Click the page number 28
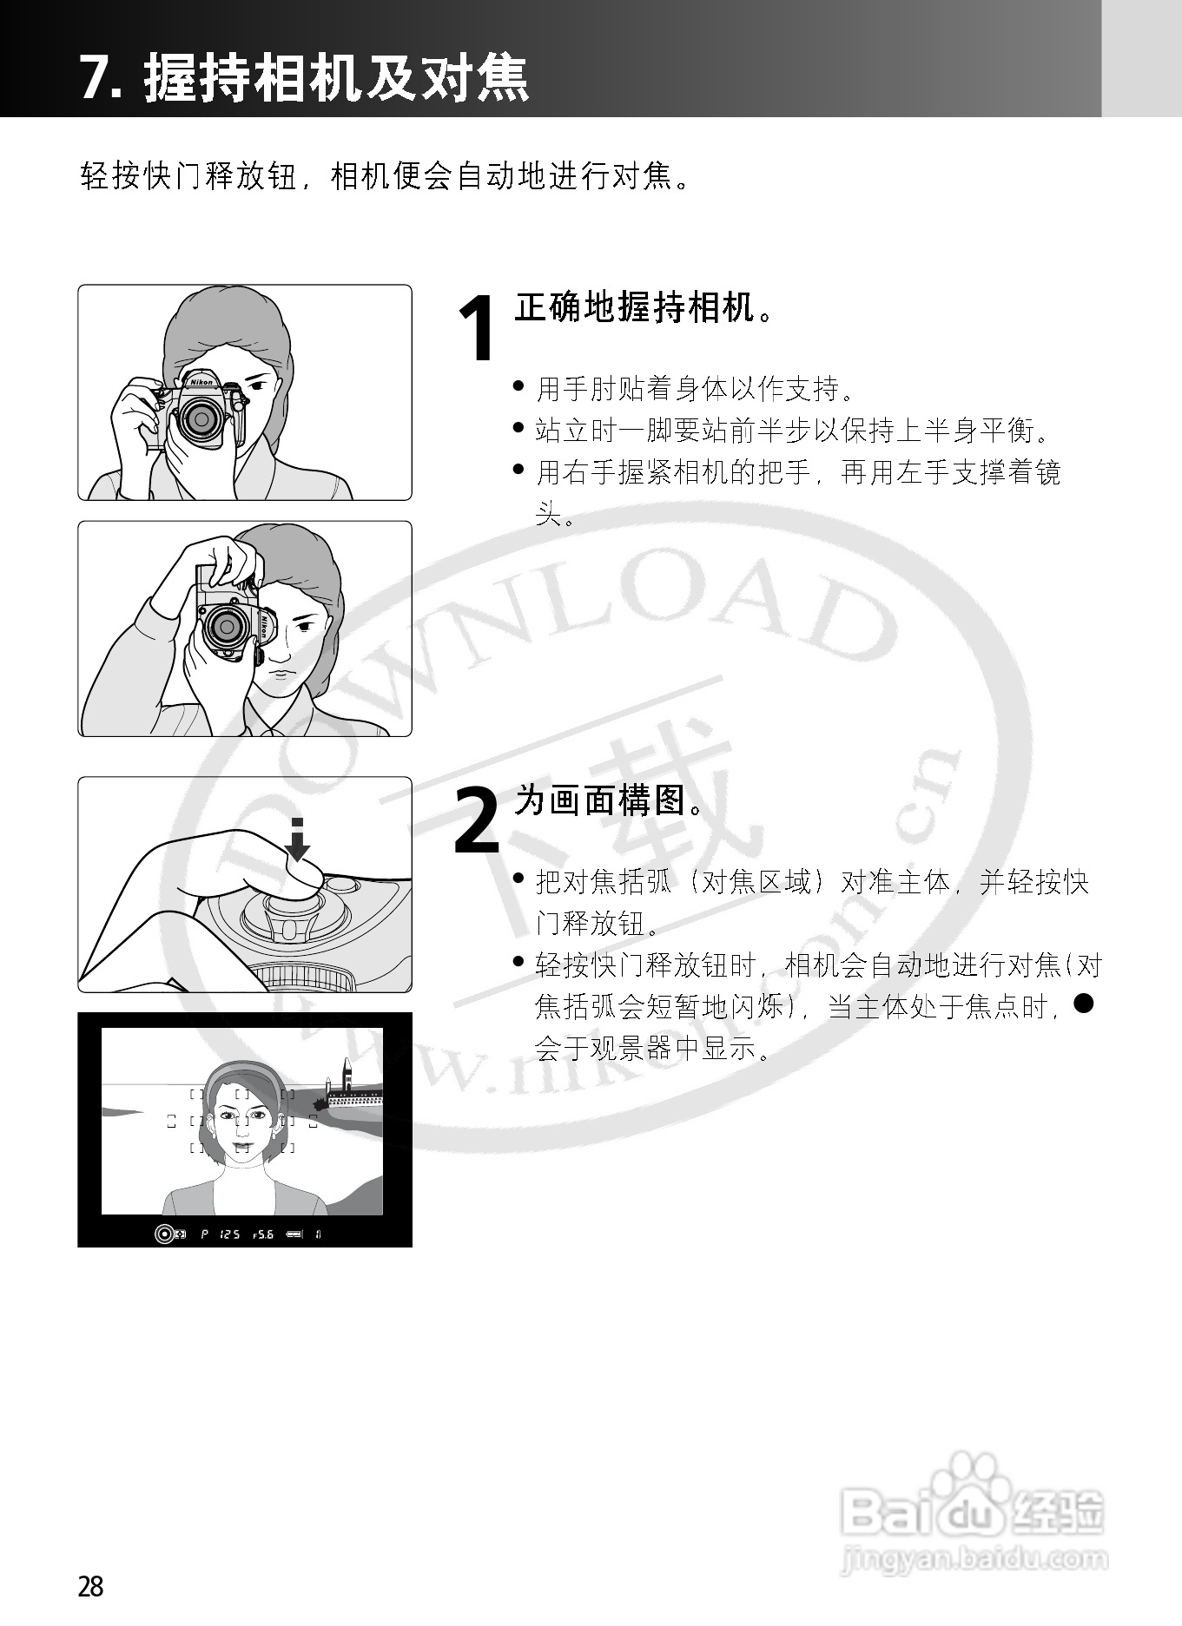90,1586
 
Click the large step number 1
477,330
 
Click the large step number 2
477,820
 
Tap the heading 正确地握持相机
633,308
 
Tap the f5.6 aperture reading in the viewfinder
262,1234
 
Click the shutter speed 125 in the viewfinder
229,1234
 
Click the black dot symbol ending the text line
1082,1004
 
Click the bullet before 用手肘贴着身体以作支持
519,385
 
